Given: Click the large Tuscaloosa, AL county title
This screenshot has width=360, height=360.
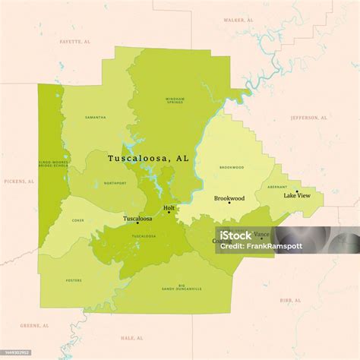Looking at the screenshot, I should point(148,159).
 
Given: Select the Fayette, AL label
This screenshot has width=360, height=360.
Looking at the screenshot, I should point(74,42).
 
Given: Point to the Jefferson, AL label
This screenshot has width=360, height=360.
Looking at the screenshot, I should point(309,118).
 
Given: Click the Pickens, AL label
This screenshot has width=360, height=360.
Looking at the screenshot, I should point(20,182).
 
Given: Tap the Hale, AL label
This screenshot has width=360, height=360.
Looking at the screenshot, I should point(132,337).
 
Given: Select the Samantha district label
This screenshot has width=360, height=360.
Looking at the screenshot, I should point(96,118).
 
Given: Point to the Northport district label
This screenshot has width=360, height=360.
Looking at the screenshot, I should point(115,183).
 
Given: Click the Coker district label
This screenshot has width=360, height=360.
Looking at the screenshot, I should point(78,220).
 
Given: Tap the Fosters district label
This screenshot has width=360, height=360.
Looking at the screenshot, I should point(74,280).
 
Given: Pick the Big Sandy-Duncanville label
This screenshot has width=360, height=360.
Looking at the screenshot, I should point(182,287).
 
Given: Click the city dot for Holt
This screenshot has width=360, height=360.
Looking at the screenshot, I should point(169,213).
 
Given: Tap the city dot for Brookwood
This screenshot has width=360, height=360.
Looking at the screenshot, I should point(229,203).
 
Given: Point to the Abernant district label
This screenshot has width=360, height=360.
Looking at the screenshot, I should point(277,186).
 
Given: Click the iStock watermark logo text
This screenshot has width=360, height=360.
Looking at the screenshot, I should point(236,235).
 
